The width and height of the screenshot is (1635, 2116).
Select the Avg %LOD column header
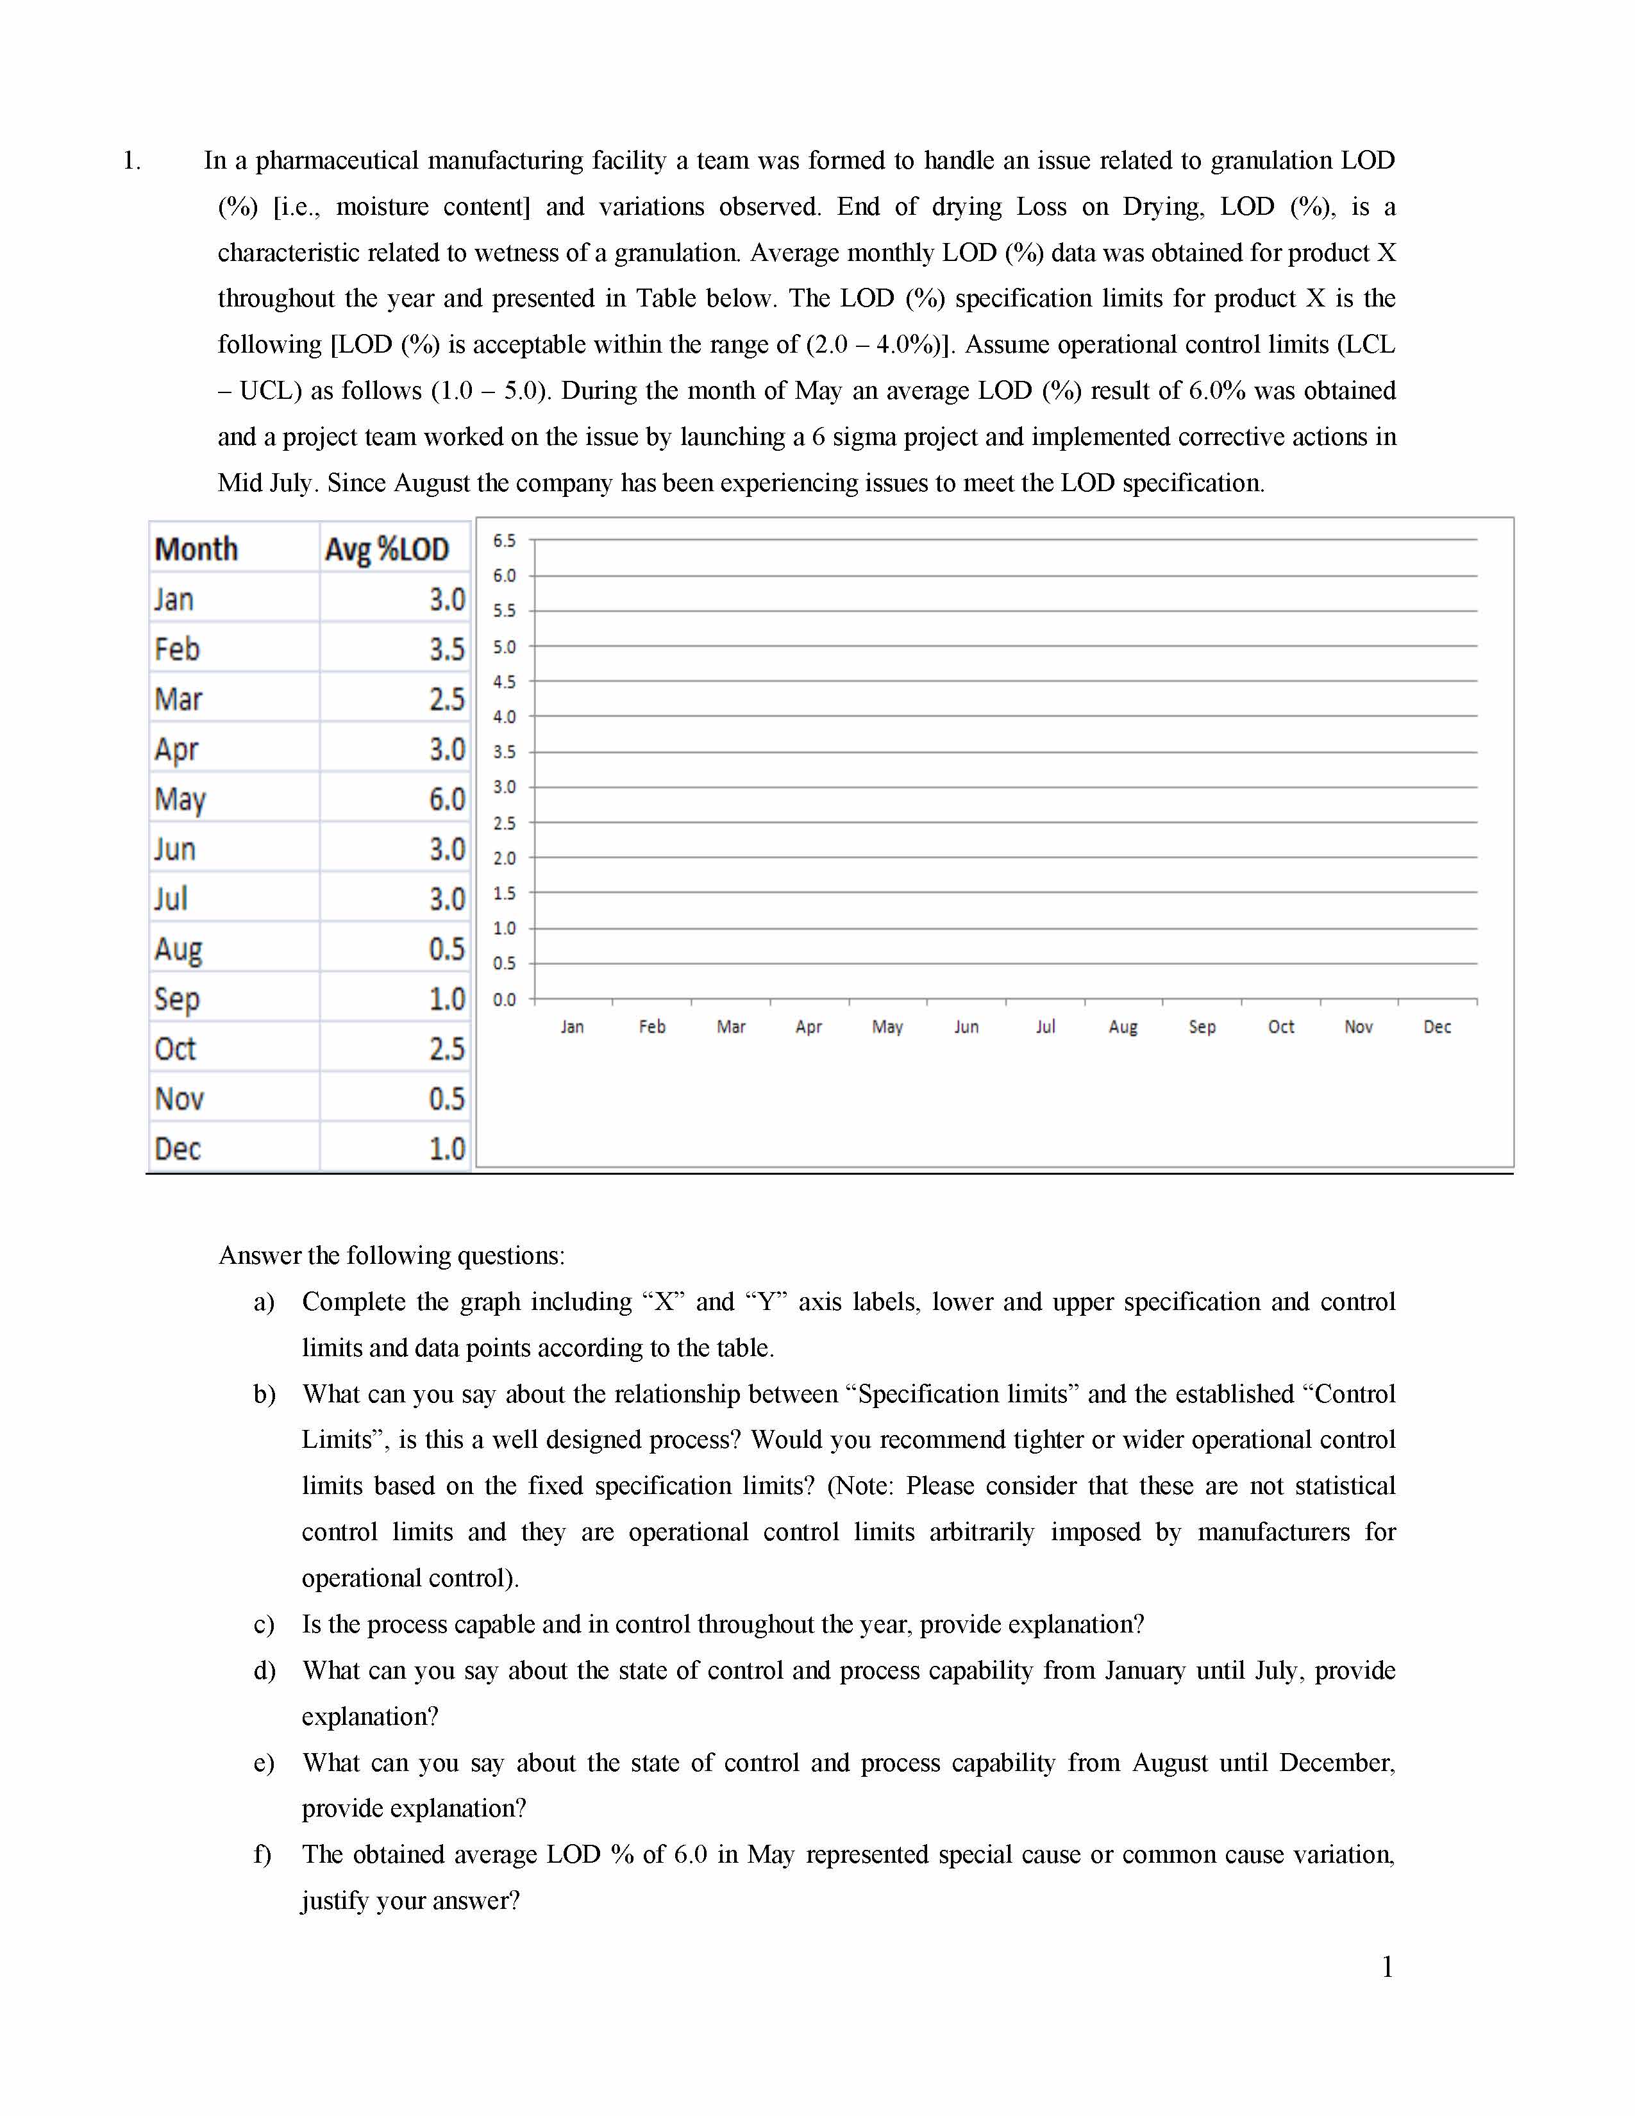click(387, 550)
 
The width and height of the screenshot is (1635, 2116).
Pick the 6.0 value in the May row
click(446, 800)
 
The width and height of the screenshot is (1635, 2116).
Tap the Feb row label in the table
click(177, 649)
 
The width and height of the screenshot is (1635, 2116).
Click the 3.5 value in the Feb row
click(446, 649)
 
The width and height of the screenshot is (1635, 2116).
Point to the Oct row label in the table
click(175, 1048)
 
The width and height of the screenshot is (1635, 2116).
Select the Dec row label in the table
click(177, 1148)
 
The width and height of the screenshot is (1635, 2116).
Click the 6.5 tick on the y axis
click(504, 541)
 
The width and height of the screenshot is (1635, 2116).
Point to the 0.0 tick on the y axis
click(504, 999)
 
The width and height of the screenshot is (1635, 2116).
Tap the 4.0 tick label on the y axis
click(504, 717)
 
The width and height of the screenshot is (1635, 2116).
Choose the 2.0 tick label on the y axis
click(504, 857)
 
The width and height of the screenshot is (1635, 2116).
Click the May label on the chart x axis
click(887, 1027)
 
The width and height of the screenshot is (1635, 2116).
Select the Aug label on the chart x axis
click(1123, 1027)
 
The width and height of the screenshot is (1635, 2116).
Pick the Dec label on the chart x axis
click(1436, 1027)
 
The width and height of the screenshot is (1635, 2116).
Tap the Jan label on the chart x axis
click(573, 1027)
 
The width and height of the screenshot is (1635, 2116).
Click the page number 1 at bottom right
click(1387, 1967)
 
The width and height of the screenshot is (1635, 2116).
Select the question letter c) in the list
click(264, 1625)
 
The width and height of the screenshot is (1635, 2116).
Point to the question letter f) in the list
click(262, 1854)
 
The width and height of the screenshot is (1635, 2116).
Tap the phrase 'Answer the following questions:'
click(391, 1255)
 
